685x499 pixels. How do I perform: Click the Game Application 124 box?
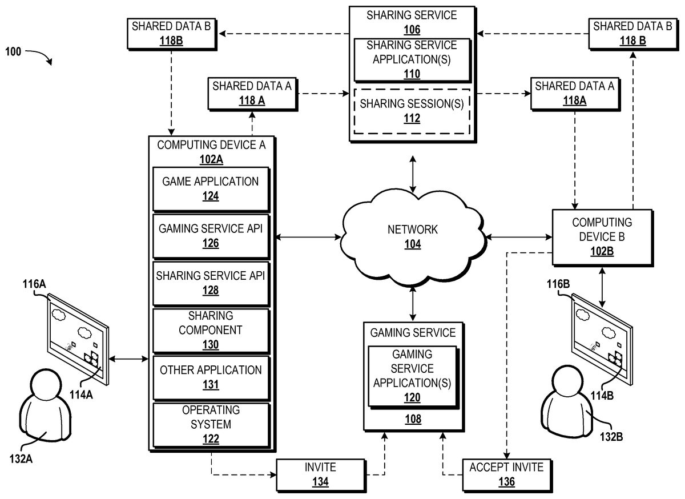[x=211, y=188]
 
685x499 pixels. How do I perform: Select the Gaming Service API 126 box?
[x=211, y=236]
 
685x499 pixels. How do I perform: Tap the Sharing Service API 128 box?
[x=211, y=283]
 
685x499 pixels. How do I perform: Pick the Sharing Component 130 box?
[x=211, y=330]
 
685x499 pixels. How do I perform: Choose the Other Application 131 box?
[x=211, y=377]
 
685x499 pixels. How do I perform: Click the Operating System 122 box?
[x=211, y=424]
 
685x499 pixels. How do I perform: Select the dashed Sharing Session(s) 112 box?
[x=412, y=111]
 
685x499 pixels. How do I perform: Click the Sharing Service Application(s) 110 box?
[x=412, y=59]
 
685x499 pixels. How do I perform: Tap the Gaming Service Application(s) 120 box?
[x=412, y=375]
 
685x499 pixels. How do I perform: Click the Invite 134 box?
[x=320, y=474]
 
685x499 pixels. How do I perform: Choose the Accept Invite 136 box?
[x=506, y=474]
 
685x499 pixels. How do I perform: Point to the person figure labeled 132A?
[x=45, y=406]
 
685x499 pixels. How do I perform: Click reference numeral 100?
[x=14, y=51]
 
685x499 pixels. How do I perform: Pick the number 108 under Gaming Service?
[x=413, y=419]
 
